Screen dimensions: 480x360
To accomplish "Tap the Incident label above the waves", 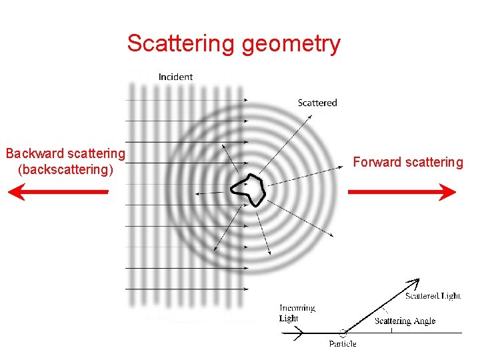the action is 175,77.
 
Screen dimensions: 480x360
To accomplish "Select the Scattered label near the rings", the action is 317,103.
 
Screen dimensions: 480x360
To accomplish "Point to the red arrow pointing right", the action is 402,192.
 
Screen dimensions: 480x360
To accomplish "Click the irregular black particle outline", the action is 247,191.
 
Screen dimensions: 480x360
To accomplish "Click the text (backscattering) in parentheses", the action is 65,169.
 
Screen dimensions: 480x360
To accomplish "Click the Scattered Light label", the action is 433,295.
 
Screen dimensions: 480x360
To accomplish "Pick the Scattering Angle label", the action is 405,321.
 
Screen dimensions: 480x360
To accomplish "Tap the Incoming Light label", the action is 297,313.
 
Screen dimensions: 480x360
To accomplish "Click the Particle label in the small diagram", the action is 342,344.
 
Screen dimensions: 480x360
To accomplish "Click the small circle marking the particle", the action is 343,332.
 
